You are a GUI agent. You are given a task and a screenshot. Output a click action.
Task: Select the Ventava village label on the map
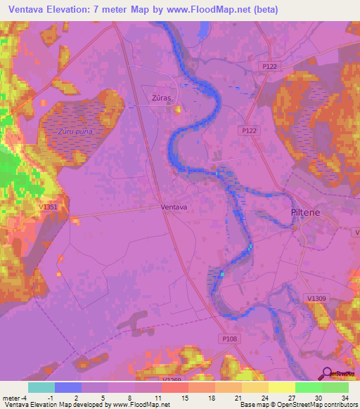click(x=174, y=207)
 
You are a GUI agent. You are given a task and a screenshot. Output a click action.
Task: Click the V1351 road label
click(x=49, y=208)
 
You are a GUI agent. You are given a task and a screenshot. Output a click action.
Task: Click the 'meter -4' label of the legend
click(x=15, y=397)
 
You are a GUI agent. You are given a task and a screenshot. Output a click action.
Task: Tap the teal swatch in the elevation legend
click(x=41, y=387)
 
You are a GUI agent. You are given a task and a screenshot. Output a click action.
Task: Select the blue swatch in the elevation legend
click(x=68, y=387)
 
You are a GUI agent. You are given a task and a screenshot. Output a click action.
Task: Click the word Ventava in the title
click(x=30, y=10)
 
